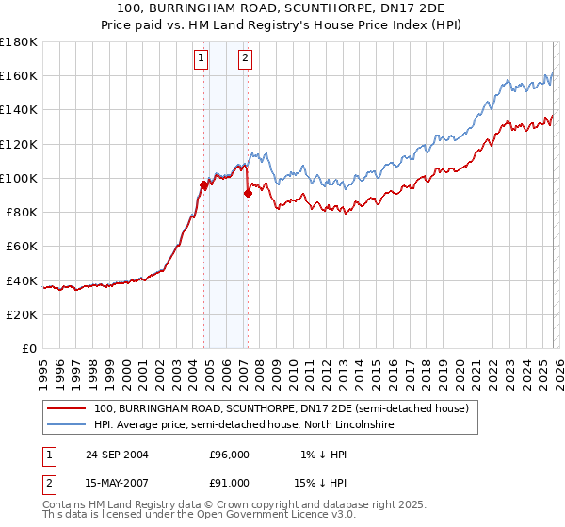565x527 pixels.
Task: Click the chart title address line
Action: [282, 8]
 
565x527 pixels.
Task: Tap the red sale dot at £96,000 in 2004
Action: [204, 184]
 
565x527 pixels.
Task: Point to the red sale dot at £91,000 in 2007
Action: [248, 193]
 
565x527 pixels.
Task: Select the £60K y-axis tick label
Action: [22, 246]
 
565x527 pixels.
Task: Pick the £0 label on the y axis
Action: [29, 348]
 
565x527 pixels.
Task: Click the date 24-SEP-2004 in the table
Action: [117, 455]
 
